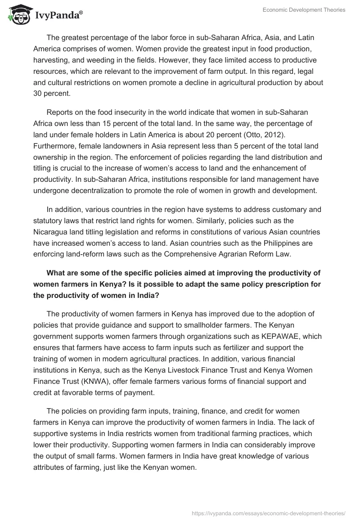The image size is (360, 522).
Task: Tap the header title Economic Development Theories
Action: pos(305,10)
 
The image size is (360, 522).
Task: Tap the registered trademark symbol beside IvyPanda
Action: pos(81,13)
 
